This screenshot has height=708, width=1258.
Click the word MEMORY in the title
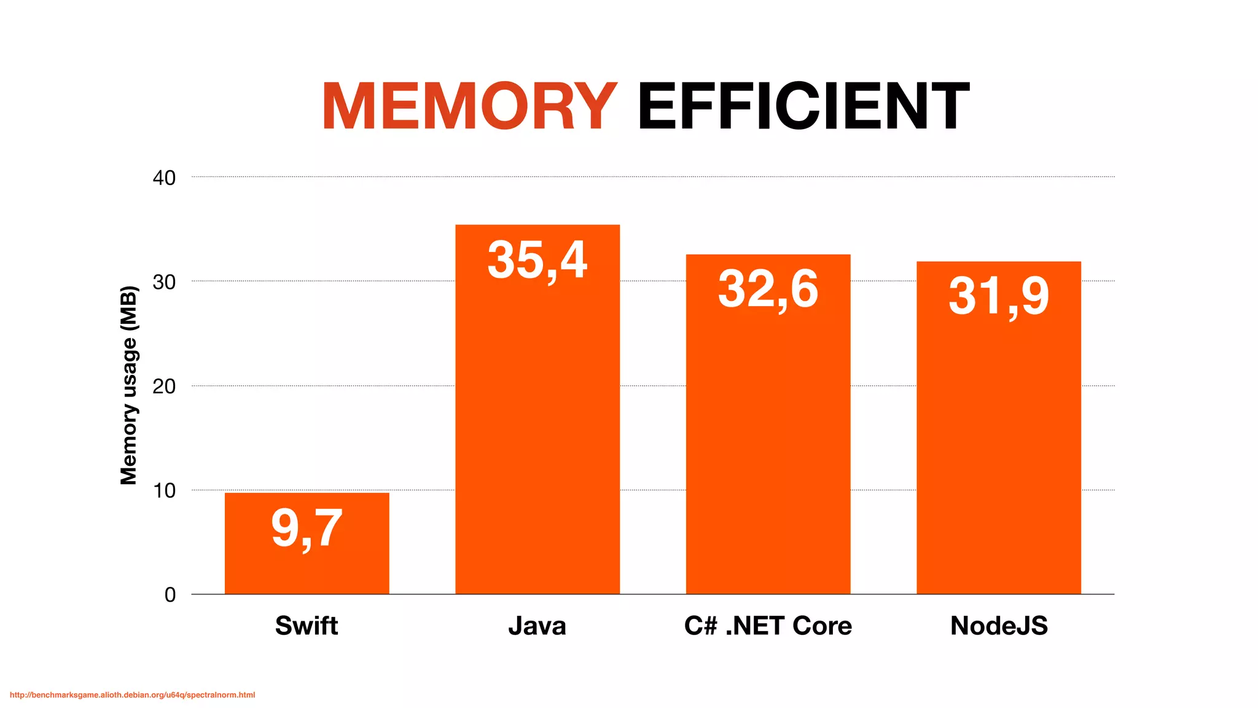coord(469,107)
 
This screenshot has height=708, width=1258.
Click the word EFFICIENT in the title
coord(803,107)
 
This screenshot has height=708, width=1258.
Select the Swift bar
coord(307,572)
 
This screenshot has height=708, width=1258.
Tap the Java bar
coord(537,430)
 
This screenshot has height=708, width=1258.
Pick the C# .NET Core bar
coord(768,442)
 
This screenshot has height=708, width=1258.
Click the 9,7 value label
coord(307,529)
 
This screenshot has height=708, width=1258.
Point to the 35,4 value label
coord(537,261)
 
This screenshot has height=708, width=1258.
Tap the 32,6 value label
coord(768,289)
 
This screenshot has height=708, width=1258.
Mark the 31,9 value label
coord(999,297)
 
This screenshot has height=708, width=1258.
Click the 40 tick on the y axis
coord(164,178)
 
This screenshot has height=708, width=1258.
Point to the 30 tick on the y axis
coord(164,283)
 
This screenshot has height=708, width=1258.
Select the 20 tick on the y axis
coord(164,387)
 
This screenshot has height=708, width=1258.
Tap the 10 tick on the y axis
coord(164,491)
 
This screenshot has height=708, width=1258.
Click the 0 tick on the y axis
coord(170,595)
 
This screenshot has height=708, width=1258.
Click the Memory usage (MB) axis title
coord(128,385)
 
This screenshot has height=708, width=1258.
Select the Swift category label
coord(307,626)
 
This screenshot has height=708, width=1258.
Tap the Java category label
coord(537,626)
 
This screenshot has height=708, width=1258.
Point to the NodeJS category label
coord(999,626)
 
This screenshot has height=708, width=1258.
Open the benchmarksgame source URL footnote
coord(132,695)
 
